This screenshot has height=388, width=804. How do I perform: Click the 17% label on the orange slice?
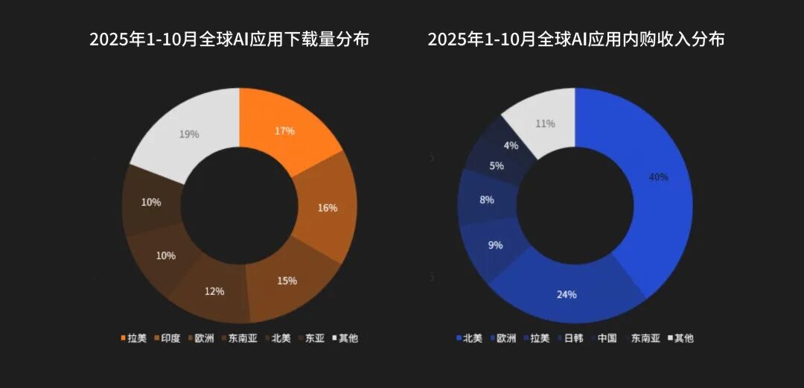click(284, 131)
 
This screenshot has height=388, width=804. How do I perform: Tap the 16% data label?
click(328, 208)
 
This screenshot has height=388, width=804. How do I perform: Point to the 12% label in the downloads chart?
click(214, 291)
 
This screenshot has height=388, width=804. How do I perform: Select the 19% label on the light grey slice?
click(188, 134)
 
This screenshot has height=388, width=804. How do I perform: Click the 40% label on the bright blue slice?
click(658, 177)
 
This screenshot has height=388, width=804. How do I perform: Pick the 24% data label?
click(567, 294)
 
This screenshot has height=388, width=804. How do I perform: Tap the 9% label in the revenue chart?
click(495, 244)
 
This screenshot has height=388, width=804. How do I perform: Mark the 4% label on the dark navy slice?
click(511, 146)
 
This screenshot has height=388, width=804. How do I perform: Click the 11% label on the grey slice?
click(546, 124)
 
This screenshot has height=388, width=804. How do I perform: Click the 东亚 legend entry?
click(311, 338)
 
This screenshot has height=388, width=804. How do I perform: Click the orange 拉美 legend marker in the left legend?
click(123, 338)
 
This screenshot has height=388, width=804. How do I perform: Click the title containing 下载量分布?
click(229, 39)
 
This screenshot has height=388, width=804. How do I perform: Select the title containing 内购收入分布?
click(575, 39)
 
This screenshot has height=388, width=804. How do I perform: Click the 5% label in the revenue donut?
click(497, 166)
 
